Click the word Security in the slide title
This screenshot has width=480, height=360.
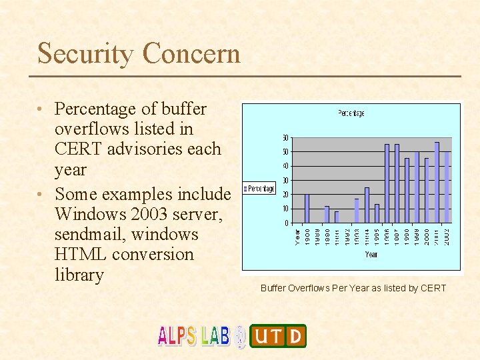coord(86,53)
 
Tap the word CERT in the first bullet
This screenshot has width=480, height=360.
coord(76,149)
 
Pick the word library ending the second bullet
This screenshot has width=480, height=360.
coord(79,275)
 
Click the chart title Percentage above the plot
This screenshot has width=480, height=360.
coord(351,113)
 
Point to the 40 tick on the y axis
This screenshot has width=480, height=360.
coord(285,166)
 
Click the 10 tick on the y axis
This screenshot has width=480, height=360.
coord(285,209)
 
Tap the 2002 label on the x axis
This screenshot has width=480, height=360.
coord(447,236)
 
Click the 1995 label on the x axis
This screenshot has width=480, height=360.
coord(377,236)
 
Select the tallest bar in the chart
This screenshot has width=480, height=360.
coord(437,182)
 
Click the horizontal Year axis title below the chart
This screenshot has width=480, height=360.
coord(371,255)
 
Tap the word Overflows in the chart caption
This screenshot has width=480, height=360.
coord(309,288)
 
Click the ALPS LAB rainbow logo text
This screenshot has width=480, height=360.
coord(194,335)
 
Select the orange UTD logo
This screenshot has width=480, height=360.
coord(278,336)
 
